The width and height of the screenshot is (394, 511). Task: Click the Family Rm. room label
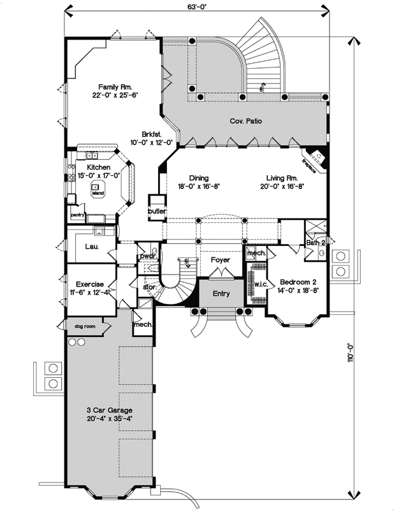[115, 87]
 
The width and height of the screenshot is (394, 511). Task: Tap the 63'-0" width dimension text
[196, 8]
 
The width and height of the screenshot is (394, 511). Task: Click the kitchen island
[98, 192]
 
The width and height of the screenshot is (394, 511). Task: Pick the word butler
[157, 211]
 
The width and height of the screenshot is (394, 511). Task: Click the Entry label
[221, 294]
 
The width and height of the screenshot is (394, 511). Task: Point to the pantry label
[78, 215]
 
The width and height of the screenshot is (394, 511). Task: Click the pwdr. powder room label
[147, 255]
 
